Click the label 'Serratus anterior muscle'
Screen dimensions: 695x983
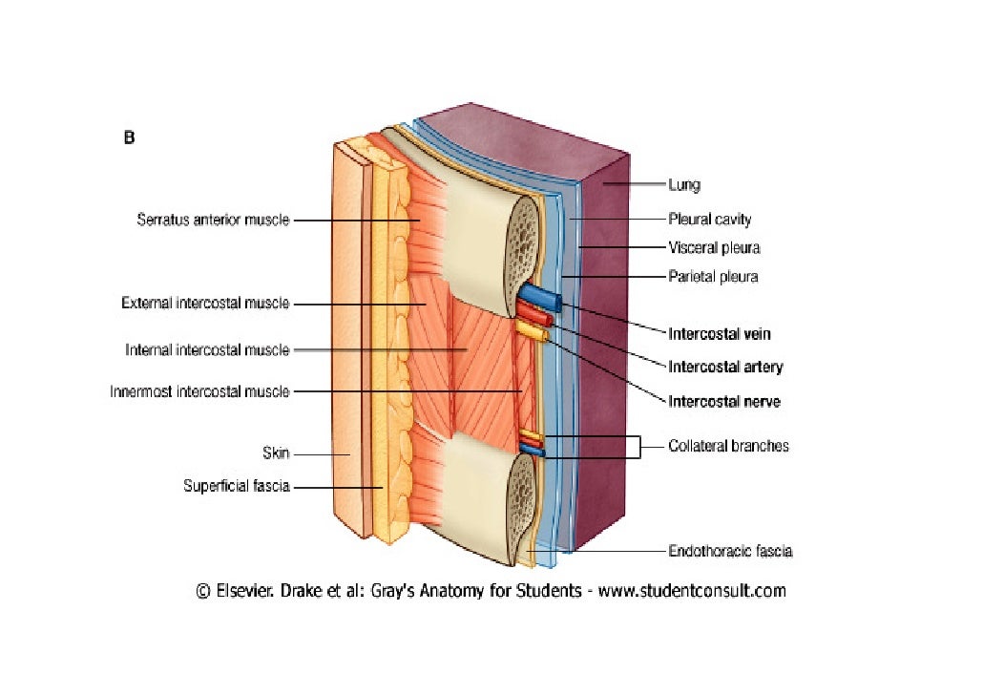coord(213,221)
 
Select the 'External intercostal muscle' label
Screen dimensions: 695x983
coord(205,304)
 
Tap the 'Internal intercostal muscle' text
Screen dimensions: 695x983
coord(207,350)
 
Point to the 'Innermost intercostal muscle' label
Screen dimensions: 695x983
coord(199,391)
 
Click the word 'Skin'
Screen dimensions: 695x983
coord(276,453)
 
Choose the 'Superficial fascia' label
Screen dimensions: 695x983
coord(237,487)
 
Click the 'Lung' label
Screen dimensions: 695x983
coord(684,185)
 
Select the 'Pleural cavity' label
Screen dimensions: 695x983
coord(709,220)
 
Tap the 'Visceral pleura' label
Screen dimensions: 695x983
coord(714,248)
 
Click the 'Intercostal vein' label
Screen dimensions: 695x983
coord(720,334)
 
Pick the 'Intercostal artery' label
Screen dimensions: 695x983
coord(725,367)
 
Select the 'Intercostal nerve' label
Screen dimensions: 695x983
coord(723,402)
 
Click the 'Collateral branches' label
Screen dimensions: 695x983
coord(728,446)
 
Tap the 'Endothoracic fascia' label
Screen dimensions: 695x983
coord(730,551)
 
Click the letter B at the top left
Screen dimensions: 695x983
coord(129,137)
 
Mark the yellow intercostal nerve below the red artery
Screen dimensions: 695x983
coord(531,331)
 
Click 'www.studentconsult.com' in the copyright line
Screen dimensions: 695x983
coord(692,591)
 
